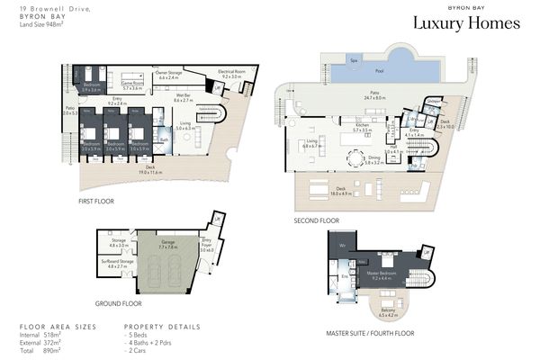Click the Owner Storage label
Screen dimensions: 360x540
pos(174,76)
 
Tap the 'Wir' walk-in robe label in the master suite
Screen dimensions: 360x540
pos(343,246)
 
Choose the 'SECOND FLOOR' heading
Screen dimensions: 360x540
pos(317,220)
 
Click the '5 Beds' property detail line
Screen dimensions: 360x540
pos(139,334)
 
